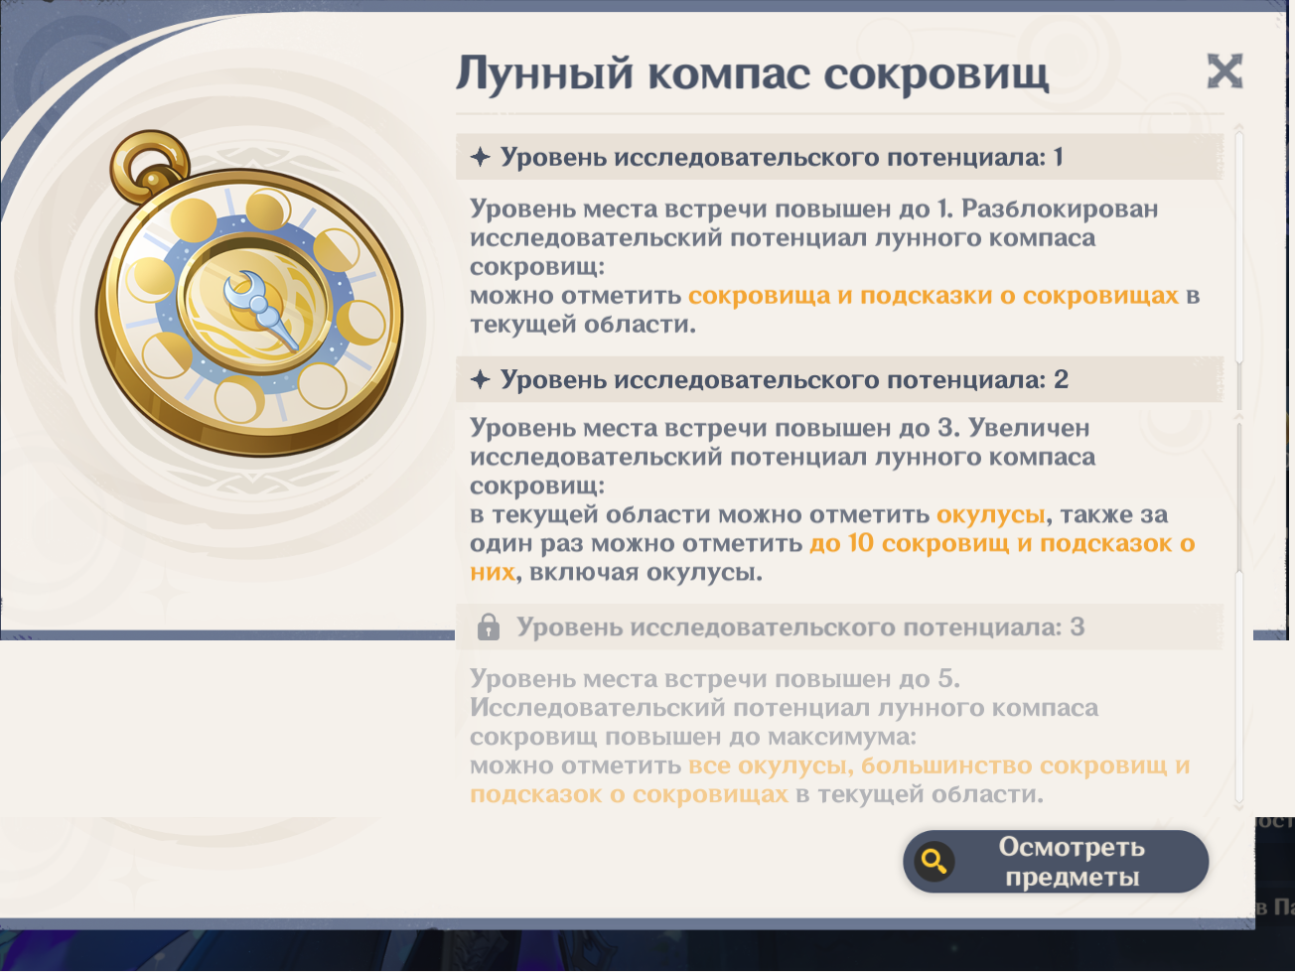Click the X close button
1224,71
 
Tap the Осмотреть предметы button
1056,862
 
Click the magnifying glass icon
935,862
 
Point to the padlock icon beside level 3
488,626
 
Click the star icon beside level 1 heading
481,157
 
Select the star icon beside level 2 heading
481,379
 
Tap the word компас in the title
728,74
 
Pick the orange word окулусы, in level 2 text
991,514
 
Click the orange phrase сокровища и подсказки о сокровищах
934,296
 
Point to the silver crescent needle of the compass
258,306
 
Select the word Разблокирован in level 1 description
1060,208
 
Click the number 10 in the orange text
861,543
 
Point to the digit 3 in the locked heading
1078,626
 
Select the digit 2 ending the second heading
1062,379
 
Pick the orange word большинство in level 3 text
946,765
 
